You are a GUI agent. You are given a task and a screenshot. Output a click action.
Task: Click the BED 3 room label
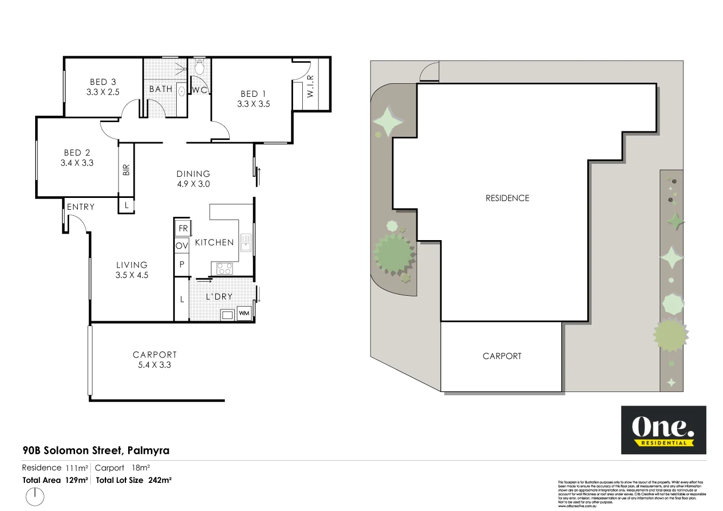click(x=103, y=82)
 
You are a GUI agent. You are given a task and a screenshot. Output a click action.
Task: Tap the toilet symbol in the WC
click(x=199, y=68)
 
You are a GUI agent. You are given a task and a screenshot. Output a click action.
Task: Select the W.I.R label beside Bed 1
click(x=310, y=86)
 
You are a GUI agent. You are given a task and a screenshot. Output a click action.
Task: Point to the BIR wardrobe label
click(x=127, y=170)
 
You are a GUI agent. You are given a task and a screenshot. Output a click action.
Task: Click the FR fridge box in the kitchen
click(x=183, y=228)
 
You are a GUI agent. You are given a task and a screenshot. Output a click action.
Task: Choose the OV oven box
click(x=182, y=245)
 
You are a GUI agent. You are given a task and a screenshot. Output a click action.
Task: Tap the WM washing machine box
click(x=244, y=313)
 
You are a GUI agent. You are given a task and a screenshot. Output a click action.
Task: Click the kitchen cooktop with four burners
click(x=224, y=268)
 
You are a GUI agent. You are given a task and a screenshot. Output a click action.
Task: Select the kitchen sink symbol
click(x=246, y=243)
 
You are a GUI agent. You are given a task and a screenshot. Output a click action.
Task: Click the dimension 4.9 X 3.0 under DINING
click(x=193, y=184)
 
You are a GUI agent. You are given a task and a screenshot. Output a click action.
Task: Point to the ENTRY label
click(x=81, y=207)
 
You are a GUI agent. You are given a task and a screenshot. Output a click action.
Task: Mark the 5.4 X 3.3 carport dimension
click(x=154, y=365)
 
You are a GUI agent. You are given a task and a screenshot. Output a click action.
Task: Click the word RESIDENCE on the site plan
click(x=507, y=198)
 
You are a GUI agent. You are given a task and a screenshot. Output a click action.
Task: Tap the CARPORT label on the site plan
click(x=502, y=356)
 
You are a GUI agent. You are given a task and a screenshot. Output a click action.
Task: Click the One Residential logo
click(x=663, y=429)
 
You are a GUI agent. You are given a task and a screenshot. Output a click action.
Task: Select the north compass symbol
click(x=35, y=496)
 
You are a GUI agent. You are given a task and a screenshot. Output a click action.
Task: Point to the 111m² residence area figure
click(x=76, y=468)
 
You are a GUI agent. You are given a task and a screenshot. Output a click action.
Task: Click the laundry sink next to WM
click(x=227, y=314)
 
